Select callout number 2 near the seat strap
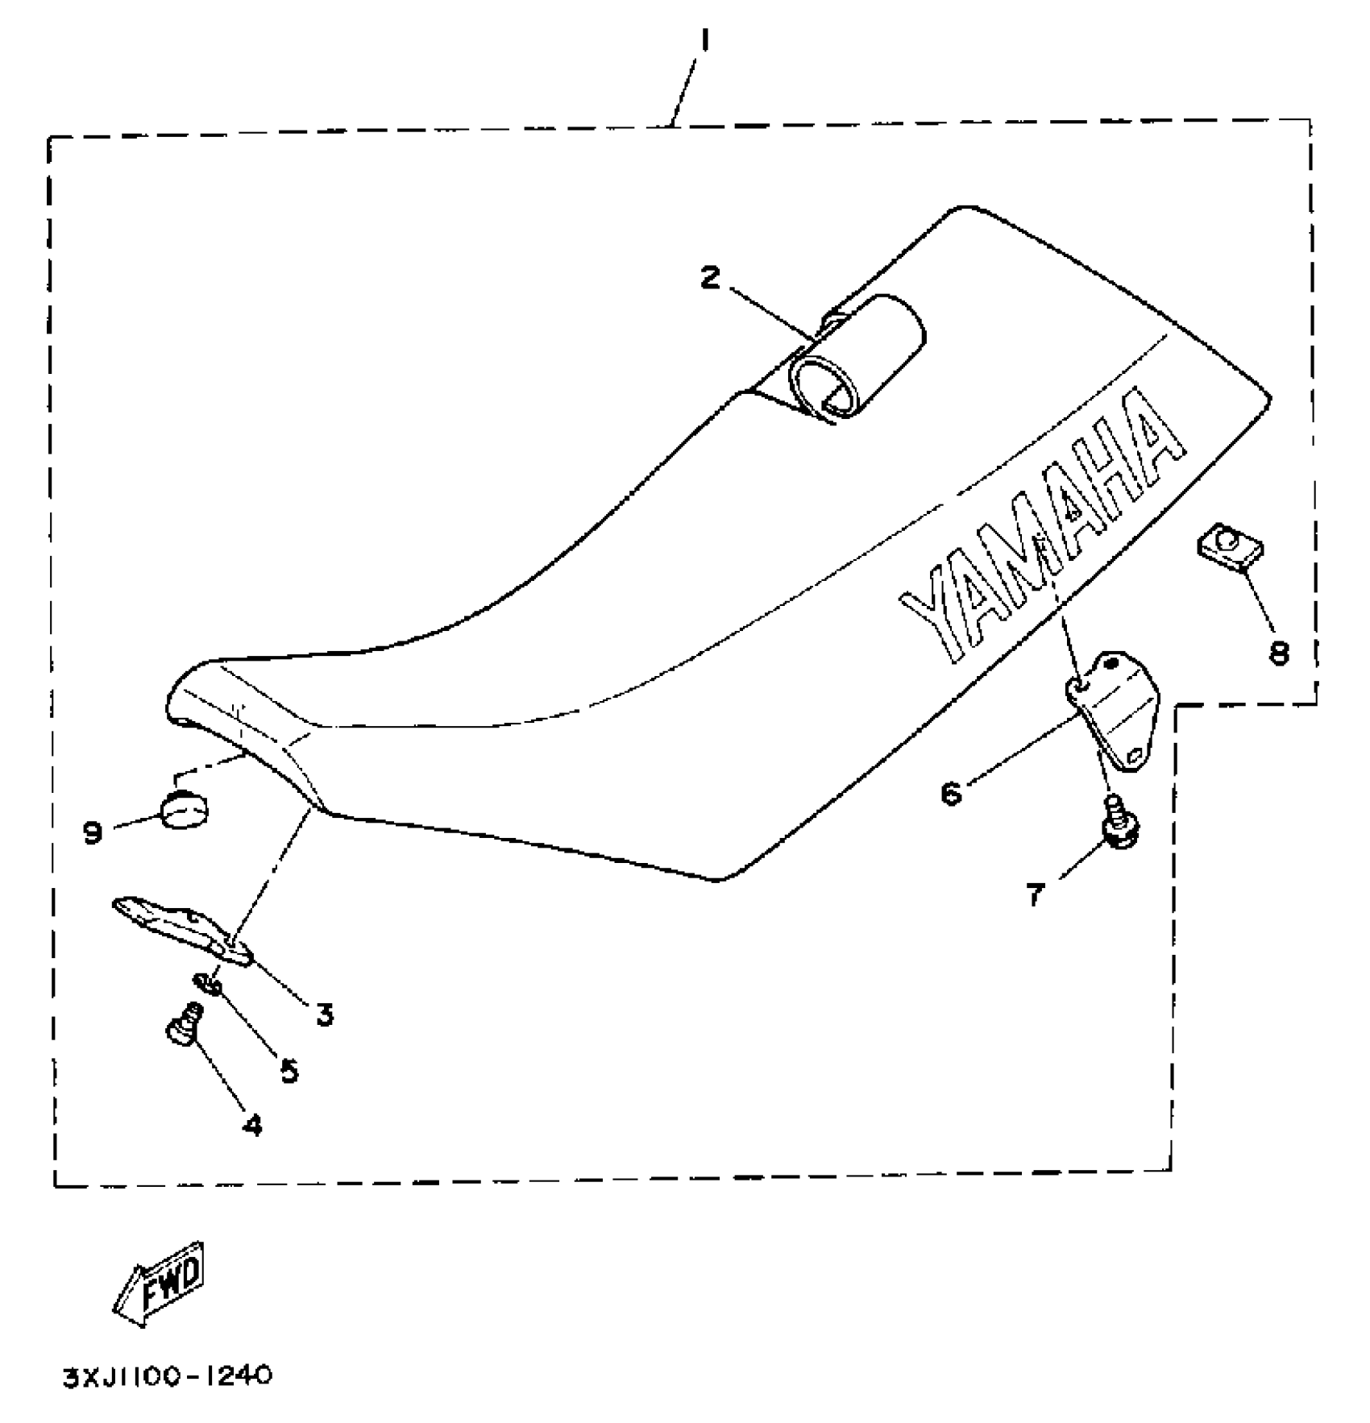tap(709, 279)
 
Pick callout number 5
tap(289, 1070)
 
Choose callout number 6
tap(951, 794)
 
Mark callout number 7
tap(1035, 894)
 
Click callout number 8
tap(1278, 652)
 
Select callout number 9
tap(93, 832)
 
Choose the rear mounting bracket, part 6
tap(1112, 709)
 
